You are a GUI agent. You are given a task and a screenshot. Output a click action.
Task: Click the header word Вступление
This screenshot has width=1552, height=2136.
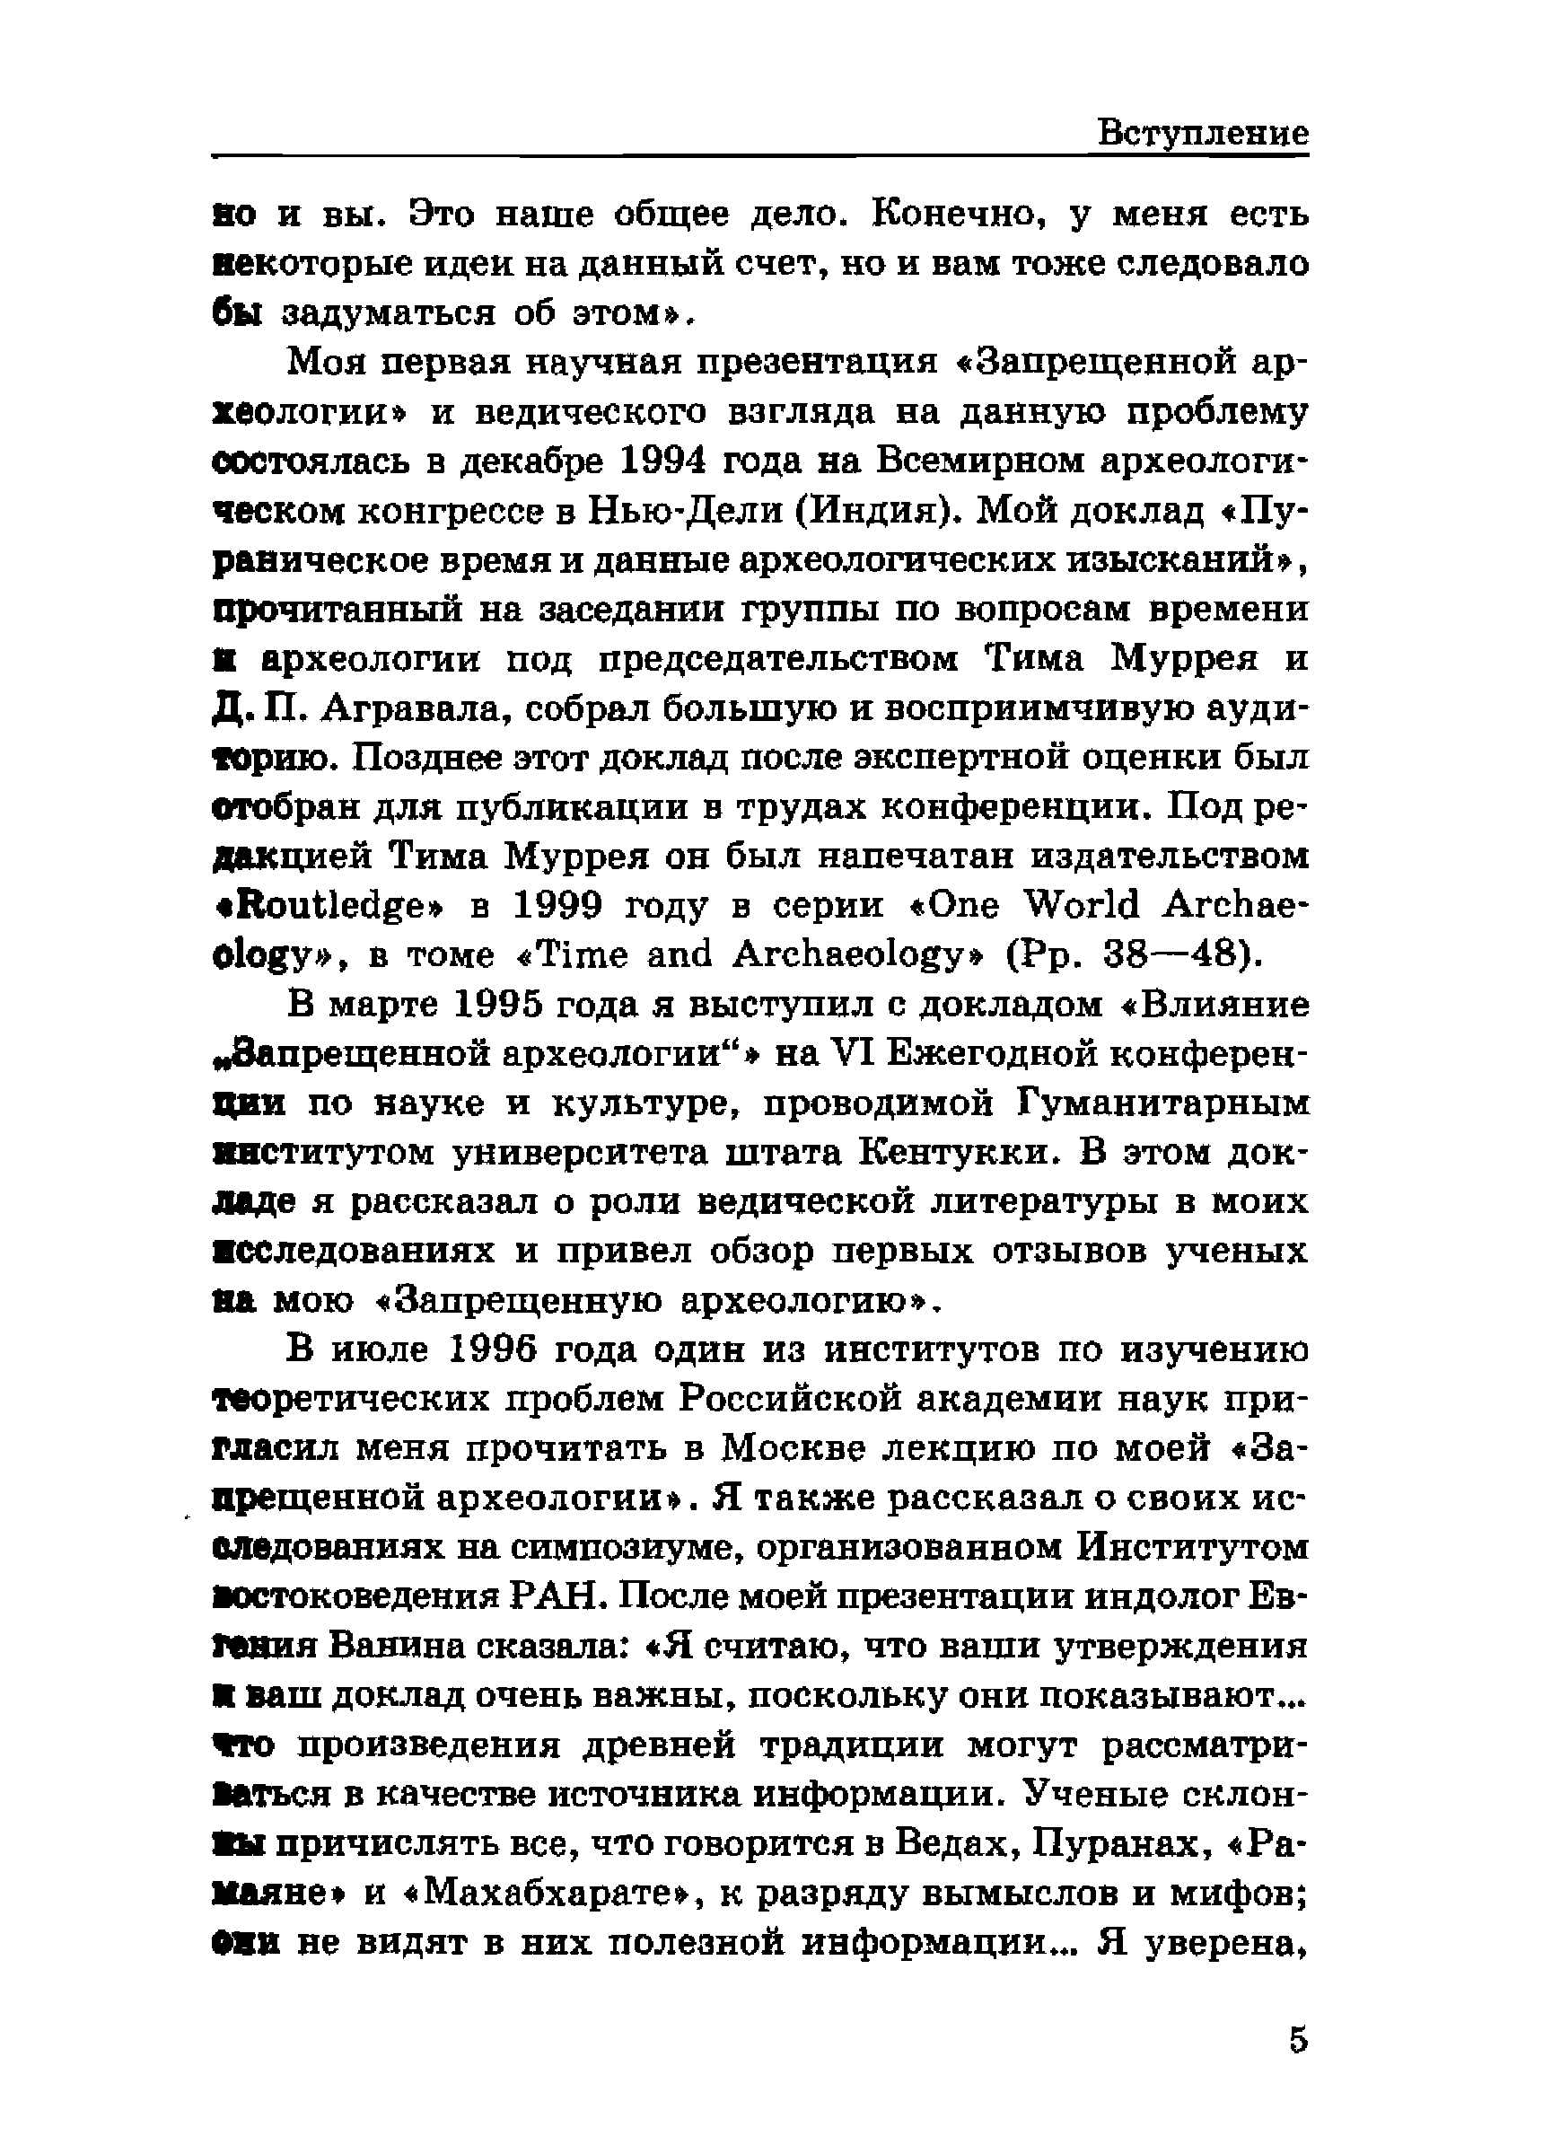pos(1203,133)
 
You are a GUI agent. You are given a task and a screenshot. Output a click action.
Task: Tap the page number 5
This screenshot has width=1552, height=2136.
pos(1298,2039)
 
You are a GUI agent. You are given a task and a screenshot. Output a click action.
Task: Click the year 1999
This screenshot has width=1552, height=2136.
pos(558,906)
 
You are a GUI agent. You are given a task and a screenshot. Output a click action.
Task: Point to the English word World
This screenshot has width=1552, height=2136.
pos(1082,906)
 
